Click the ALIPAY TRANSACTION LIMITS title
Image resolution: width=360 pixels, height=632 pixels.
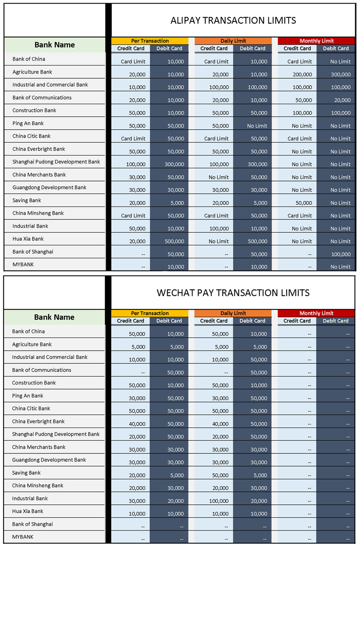coord(233,20)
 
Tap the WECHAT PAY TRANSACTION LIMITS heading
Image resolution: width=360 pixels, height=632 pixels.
coord(233,293)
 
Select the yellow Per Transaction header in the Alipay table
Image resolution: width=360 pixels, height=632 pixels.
coord(150,41)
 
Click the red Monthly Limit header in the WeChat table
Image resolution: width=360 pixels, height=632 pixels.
coord(316,313)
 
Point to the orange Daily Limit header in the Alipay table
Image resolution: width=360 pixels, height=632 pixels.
coord(233,41)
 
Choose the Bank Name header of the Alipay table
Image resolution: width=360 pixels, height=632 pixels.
coord(54,45)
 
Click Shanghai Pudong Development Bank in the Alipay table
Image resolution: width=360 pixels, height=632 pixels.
coord(56,162)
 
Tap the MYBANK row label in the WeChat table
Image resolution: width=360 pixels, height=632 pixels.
coord(23,537)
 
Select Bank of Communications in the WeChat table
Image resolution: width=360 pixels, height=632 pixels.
coord(42,370)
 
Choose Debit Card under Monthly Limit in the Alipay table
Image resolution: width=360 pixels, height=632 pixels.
coord(336,48)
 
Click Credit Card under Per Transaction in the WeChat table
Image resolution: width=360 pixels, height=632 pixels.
coord(130,321)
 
